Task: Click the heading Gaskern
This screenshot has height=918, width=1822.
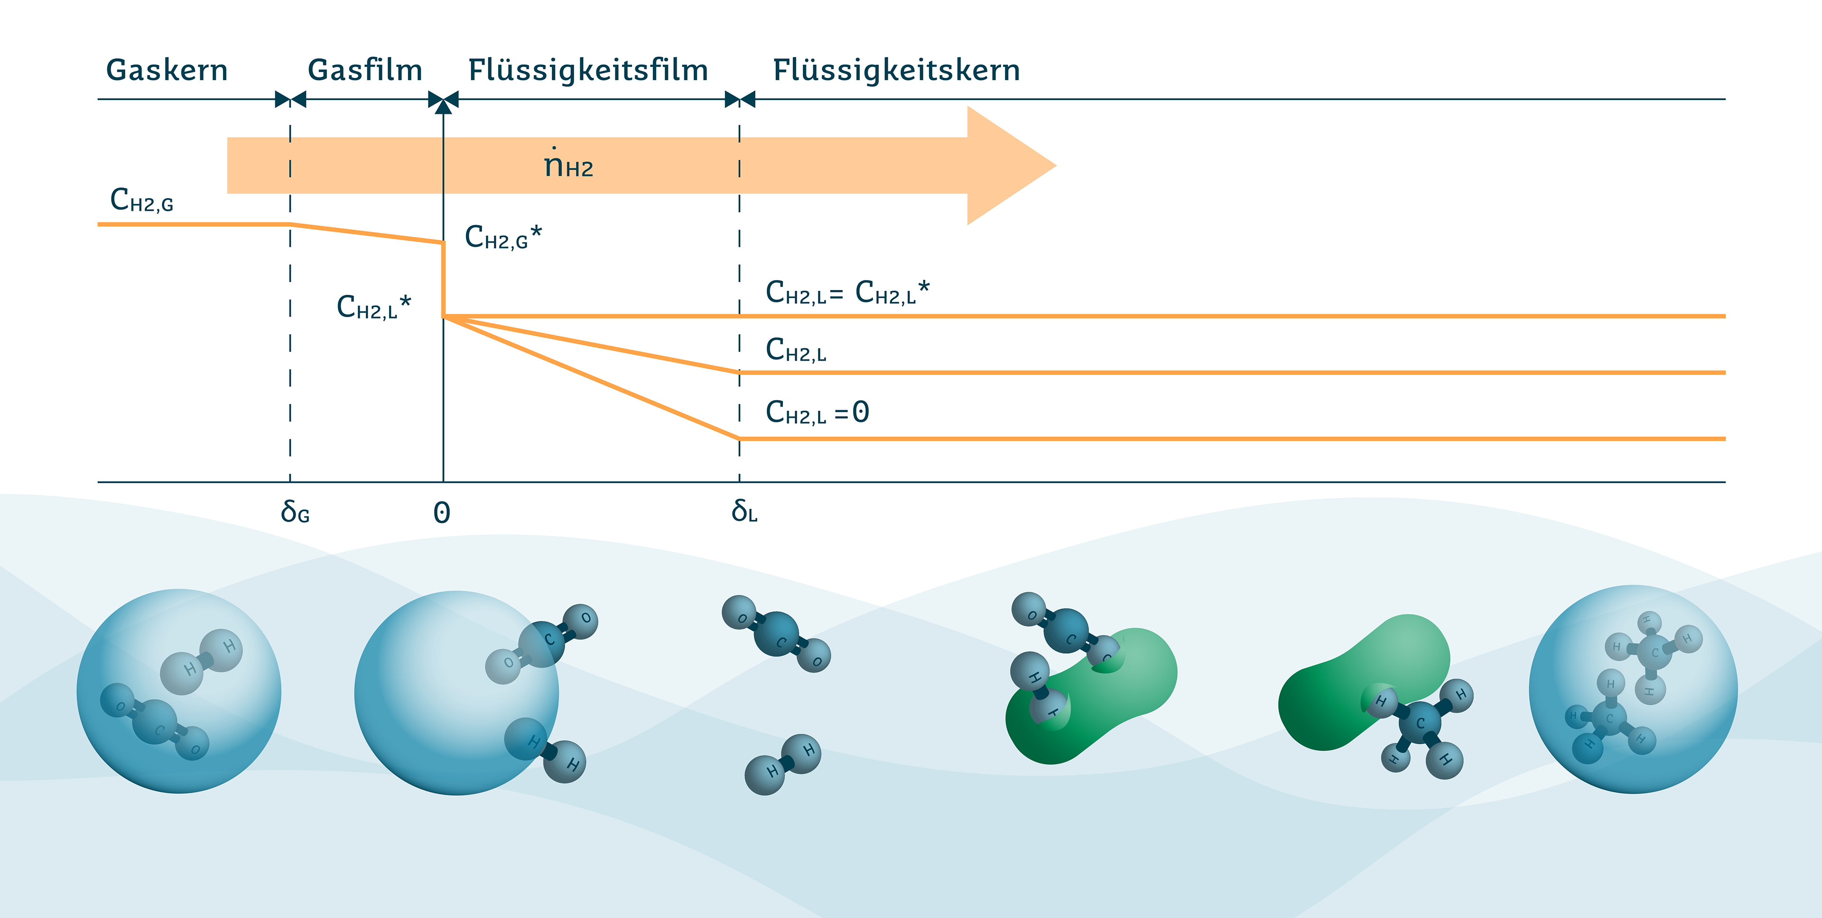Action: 167,70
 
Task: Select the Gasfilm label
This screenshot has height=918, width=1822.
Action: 365,70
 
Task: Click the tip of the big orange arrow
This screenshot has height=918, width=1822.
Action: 1056,166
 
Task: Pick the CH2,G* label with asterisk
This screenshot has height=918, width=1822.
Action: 503,236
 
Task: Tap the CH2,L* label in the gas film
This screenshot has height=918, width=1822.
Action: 373,307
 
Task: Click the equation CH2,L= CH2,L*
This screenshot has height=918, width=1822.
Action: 847,291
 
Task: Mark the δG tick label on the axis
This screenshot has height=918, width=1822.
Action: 295,511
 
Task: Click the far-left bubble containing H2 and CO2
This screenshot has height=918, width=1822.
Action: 179,691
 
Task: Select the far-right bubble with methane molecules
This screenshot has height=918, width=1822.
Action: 1633,689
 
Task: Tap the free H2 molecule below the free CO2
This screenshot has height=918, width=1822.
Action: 783,764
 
